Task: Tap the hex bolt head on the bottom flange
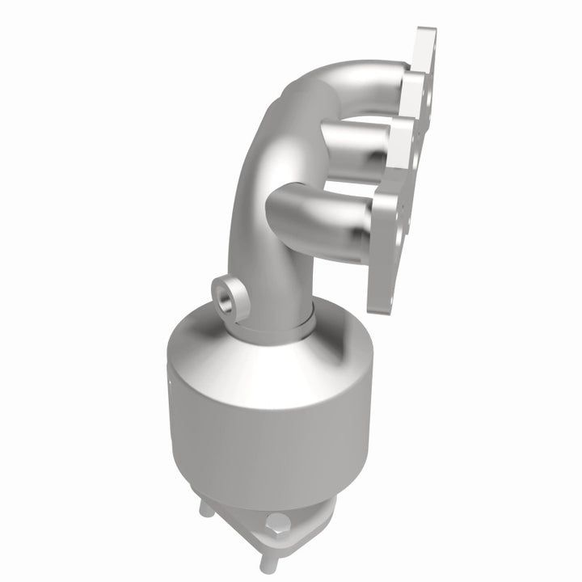click(x=276, y=521)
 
